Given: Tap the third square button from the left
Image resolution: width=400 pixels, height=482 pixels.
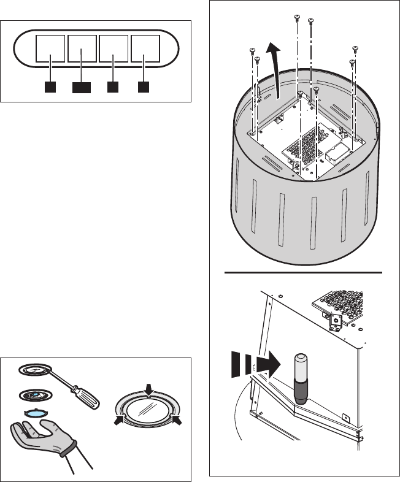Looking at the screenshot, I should point(113,49).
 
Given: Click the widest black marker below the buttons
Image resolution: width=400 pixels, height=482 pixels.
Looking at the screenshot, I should point(81,88).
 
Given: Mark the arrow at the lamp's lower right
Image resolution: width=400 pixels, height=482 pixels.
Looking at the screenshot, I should point(179,420).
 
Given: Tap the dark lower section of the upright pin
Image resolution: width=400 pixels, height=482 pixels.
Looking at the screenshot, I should point(301,392).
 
